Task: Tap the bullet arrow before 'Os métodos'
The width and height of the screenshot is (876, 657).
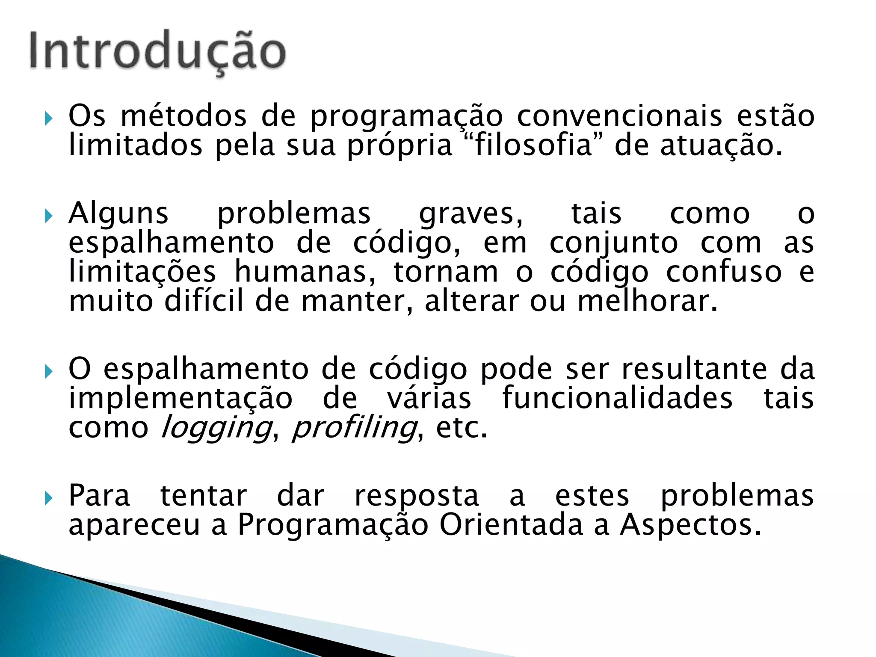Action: tap(48, 117)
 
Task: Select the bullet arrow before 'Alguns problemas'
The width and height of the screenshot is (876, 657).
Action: tap(48, 215)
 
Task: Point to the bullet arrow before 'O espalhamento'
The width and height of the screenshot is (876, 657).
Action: tap(48, 370)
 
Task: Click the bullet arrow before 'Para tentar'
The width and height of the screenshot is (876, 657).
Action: tap(48, 497)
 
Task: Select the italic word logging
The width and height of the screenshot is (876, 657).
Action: tap(216, 428)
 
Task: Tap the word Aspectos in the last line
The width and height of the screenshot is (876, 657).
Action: tap(690, 525)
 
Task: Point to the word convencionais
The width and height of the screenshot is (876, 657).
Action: tap(620, 116)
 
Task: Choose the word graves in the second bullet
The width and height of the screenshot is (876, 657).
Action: tap(471, 214)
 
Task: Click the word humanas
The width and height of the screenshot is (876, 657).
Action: tap(305, 272)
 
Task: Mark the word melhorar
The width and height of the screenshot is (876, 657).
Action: tap(647, 301)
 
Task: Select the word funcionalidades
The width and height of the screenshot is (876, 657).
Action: tap(617, 398)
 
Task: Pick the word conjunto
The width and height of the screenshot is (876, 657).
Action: tap(614, 244)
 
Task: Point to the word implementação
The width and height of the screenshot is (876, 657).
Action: tap(181, 399)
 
